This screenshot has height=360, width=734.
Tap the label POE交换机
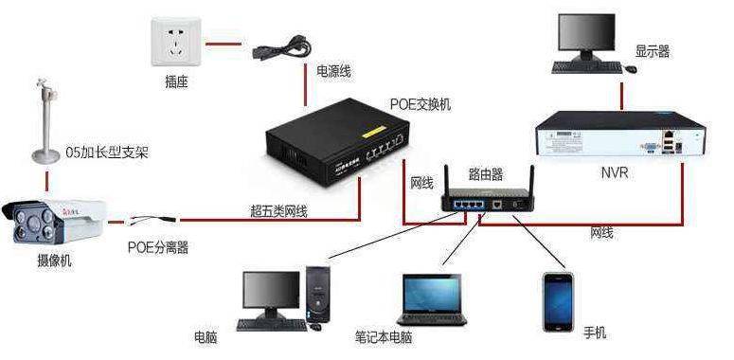pos(421,104)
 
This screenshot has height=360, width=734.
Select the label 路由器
pos(486,174)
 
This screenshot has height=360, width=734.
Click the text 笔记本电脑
pos(384,336)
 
